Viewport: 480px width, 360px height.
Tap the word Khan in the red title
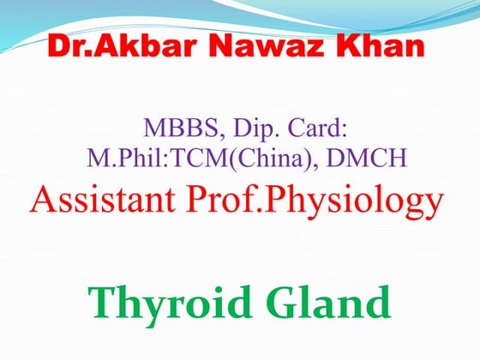click(x=383, y=46)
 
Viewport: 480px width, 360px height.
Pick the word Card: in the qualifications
click(x=318, y=130)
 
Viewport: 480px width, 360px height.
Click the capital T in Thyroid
click(x=102, y=303)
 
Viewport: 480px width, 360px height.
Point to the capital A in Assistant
click(x=41, y=202)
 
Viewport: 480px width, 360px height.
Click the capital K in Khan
click(x=351, y=46)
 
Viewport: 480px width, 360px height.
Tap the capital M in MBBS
click(x=153, y=130)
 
